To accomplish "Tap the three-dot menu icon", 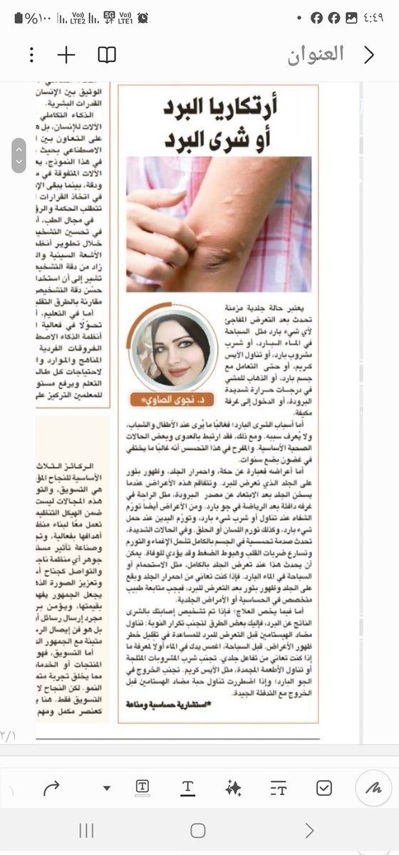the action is [x=31, y=55].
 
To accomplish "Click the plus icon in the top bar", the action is [x=66, y=55].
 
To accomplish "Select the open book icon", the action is [x=107, y=55].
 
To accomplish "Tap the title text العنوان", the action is [x=316, y=54].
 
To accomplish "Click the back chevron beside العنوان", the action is [x=369, y=55].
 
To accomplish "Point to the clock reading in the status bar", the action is [x=378, y=18].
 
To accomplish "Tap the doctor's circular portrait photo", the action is [x=171, y=349].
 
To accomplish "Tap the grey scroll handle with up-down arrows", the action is [x=19, y=155].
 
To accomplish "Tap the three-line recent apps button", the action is [x=87, y=830].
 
